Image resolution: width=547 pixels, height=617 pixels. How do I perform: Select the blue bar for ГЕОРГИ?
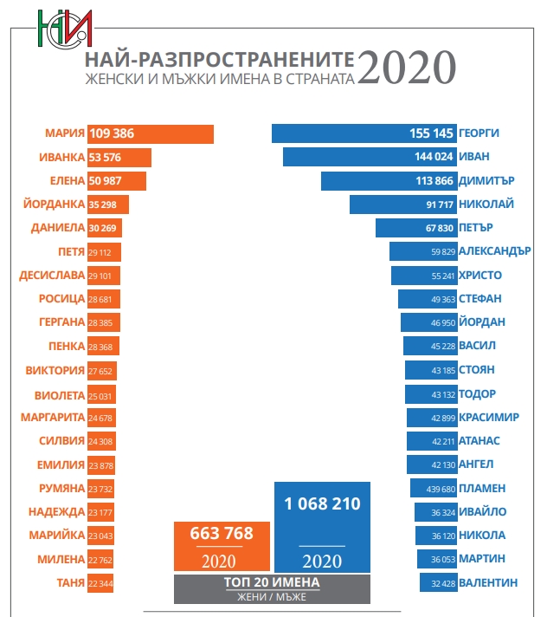click(x=364, y=133)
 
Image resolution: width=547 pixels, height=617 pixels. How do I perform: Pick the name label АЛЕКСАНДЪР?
click(x=495, y=251)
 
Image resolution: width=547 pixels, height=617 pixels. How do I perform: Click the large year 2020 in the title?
click(x=407, y=68)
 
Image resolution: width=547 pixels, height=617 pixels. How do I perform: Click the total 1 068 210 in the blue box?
click(x=322, y=503)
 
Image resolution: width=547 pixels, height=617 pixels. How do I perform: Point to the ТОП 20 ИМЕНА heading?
click(x=272, y=582)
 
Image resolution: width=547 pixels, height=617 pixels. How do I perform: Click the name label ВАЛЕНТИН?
click(x=490, y=582)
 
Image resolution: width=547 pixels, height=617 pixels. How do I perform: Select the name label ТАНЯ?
click(x=67, y=582)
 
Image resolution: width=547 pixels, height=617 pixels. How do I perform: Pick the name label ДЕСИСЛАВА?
click(x=52, y=276)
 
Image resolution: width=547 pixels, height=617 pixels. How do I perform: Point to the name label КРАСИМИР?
click(x=490, y=417)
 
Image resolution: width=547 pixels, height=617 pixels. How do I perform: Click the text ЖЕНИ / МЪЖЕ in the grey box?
click(x=272, y=596)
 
